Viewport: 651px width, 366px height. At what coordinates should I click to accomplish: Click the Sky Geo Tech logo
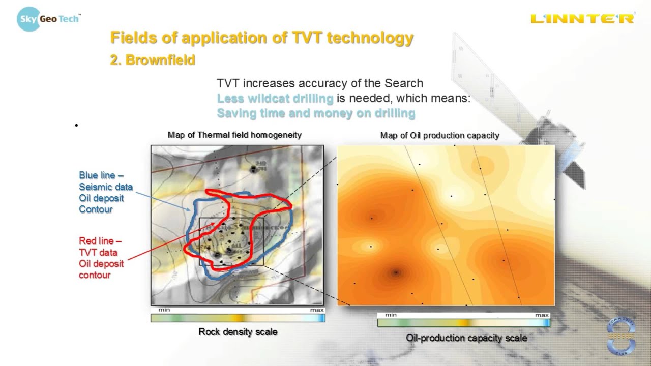click(x=48, y=19)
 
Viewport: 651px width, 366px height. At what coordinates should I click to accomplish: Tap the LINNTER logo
click(x=582, y=19)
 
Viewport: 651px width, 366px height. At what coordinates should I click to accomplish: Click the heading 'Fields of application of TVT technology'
click(x=262, y=38)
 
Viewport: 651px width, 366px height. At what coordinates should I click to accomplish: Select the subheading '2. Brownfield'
click(x=153, y=60)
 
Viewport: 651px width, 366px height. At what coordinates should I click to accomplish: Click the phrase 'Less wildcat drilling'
click(x=275, y=98)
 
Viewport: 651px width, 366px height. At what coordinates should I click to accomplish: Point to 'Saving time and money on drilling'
click(x=316, y=113)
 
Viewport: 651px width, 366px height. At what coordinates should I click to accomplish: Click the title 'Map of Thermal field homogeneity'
click(x=234, y=135)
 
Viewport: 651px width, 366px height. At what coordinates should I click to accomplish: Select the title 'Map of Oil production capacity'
click(x=439, y=135)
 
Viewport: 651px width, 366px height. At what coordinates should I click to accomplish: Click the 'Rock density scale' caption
click(x=238, y=332)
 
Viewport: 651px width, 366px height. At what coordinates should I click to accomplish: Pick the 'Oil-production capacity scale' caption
click(x=466, y=338)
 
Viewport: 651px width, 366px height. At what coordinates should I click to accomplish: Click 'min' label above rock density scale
click(x=164, y=310)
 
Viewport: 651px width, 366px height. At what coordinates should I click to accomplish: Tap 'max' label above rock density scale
click(x=317, y=310)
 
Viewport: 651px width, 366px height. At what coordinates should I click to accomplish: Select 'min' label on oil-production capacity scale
click(x=391, y=315)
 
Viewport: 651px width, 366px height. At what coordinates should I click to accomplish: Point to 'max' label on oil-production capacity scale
click(x=542, y=315)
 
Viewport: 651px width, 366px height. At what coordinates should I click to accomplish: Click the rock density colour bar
click(x=238, y=318)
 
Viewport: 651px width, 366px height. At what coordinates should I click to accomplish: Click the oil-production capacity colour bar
click(x=463, y=323)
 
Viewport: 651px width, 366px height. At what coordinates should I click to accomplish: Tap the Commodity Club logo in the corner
click(x=621, y=337)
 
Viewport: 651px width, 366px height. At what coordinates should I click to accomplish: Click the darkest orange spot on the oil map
click(x=395, y=272)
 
